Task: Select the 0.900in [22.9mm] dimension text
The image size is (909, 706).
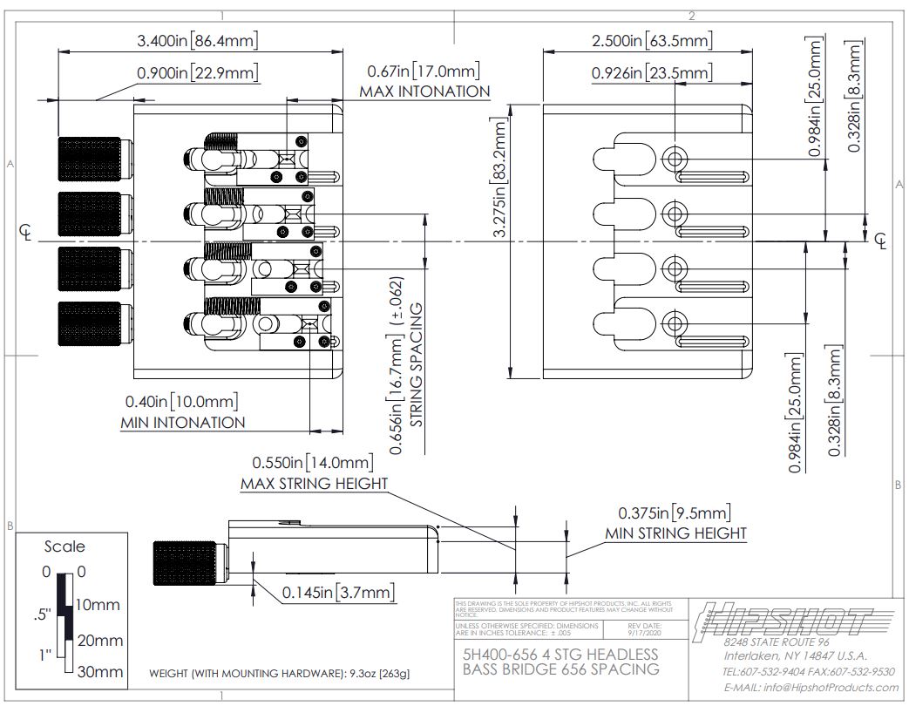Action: [x=198, y=73]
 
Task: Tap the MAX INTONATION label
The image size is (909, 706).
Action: [x=424, y=91]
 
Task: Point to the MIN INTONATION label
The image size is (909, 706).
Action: [x=182, y=423]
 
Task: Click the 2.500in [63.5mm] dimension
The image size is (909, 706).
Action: [x=651, y=40]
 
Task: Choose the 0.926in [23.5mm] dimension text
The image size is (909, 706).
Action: [x=651, y=73]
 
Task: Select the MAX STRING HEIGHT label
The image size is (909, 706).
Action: [x=314, y=484]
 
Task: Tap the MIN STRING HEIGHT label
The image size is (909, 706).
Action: [x=676, y=533]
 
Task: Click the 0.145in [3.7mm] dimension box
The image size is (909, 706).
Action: [x=339, y=593]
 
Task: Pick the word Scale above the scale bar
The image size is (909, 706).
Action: [x=64, y=546]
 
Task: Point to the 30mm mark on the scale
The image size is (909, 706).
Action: [x=100, y=672]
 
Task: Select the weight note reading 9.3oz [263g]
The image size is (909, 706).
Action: [x=280, y=673]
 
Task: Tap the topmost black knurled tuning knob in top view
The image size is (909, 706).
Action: [x=90, y=160]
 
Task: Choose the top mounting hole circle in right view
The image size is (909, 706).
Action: [x=675, y=158]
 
